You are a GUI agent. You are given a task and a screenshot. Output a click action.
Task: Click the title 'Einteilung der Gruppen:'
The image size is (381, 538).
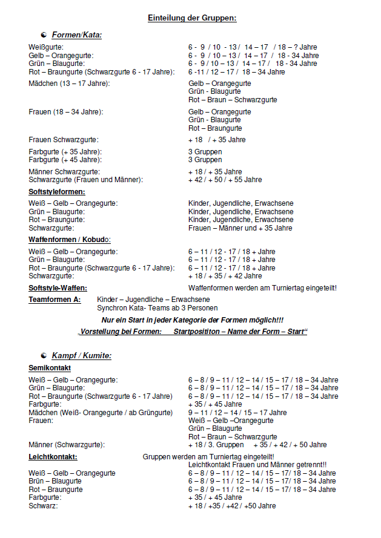click(x=192, y=18)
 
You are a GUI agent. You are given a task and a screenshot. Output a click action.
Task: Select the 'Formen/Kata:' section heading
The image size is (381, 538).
click(x=76, y=35)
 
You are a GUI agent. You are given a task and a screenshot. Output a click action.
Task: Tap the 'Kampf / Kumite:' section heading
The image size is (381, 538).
click(x=81, y=355)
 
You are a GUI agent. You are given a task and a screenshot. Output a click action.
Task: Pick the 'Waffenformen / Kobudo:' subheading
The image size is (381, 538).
click(x=70, y=240)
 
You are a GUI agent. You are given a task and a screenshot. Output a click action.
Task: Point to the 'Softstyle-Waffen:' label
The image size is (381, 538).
click(x=58, y=287)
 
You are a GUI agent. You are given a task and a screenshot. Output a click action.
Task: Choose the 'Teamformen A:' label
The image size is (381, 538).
click(x=55, y=300)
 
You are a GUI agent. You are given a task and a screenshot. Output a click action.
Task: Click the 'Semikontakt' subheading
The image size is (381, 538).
click(x=50, y=367)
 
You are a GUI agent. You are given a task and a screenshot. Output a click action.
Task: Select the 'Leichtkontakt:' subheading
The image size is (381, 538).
click(x=53, y=456)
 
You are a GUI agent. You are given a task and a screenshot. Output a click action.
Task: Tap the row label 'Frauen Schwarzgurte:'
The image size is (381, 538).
click(x=63, y=140)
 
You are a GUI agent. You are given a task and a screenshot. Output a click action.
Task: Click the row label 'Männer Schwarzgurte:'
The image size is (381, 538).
click(x=63, y=172)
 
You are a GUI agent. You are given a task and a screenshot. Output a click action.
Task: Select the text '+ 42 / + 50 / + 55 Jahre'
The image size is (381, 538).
click(x=225, y=180)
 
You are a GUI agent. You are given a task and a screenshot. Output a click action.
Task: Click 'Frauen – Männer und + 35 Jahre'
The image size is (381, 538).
click(x=240, y=228)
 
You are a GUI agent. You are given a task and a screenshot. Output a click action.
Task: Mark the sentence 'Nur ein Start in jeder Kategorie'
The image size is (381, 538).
click(x=192, y=320)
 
